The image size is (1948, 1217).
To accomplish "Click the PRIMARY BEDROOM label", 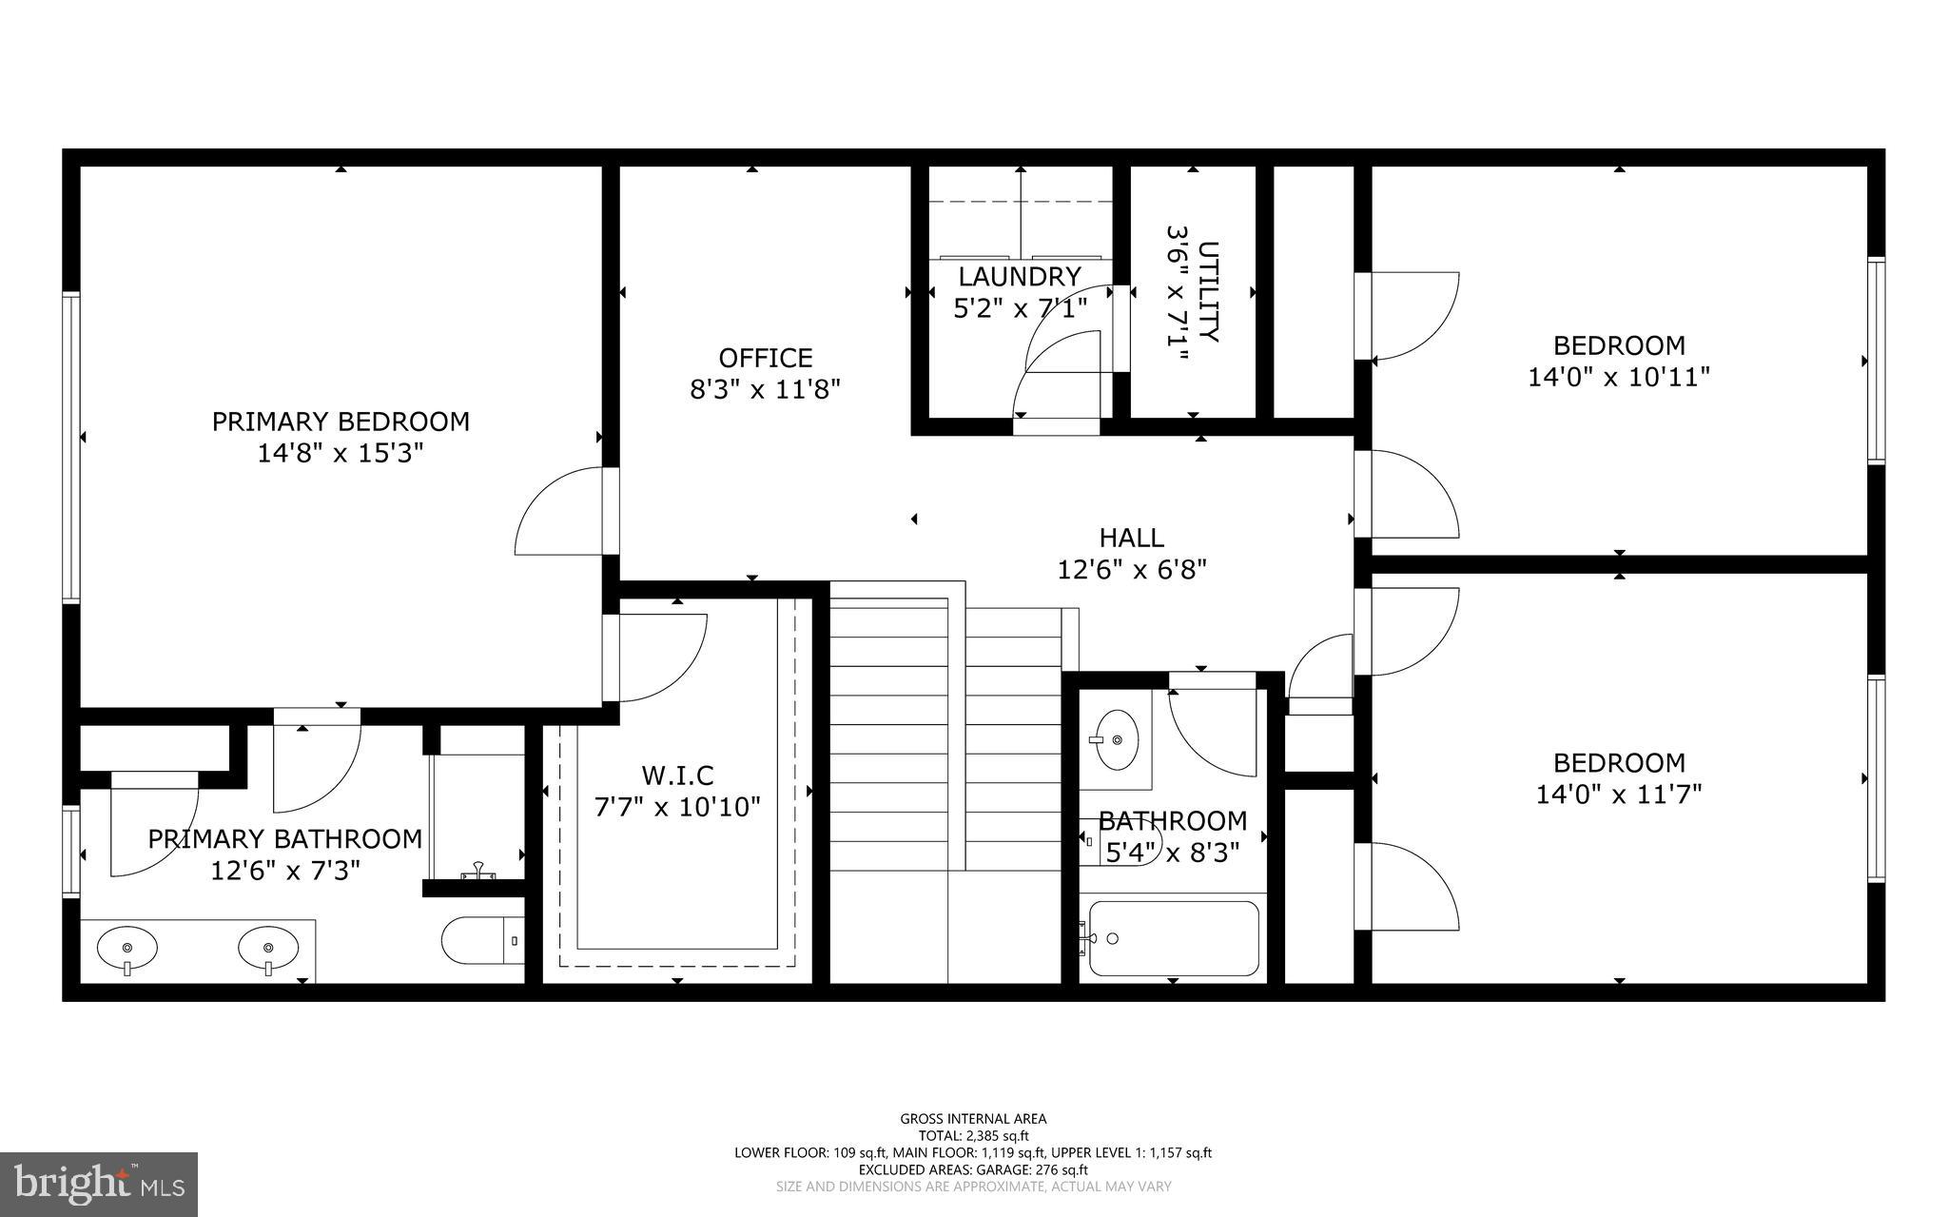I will [341, 422].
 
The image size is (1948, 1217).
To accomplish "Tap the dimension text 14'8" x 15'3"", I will [341, 453].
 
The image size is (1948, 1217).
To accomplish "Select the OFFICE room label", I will [765, 358].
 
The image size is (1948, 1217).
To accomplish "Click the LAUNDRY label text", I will [1020, 277].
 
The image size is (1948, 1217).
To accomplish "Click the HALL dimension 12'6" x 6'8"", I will [1132, 570].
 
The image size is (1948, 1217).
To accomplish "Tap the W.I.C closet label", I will [677, 775].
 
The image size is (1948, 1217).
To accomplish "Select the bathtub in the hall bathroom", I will [1174, 938].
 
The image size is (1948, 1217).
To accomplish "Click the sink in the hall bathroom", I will [1116, 739].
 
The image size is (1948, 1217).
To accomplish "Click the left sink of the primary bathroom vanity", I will [127, 948].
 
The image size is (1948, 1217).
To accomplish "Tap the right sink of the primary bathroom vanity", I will [268, 948].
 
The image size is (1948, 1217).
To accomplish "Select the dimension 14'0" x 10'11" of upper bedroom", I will [1619, 378].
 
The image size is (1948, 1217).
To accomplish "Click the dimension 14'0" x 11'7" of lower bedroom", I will [1619, 794].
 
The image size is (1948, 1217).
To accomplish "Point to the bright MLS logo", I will [99, 1184].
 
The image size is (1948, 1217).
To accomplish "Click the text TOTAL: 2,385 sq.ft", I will [973, 1135].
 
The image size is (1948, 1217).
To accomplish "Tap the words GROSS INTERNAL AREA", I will [973, 1119].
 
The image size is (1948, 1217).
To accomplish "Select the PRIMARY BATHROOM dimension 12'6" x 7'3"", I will [285, 871].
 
